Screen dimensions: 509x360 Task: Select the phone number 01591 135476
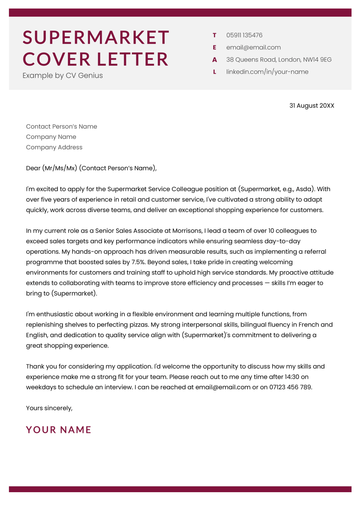click(x=245, y=35)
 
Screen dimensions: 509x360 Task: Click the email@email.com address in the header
click(x=253, y=47)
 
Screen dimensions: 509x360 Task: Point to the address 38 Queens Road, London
click(x=278, y=60)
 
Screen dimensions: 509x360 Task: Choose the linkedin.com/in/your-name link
click(x=267, y=72)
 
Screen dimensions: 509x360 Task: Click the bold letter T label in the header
click(x=214, y=35)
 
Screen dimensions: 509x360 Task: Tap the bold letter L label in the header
click(x=214, y=72)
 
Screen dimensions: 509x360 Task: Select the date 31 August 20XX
click(x=312, y=105)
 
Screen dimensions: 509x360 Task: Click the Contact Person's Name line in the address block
click(x=61, y=127)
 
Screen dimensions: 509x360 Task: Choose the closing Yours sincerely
click(x=49, y=407)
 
